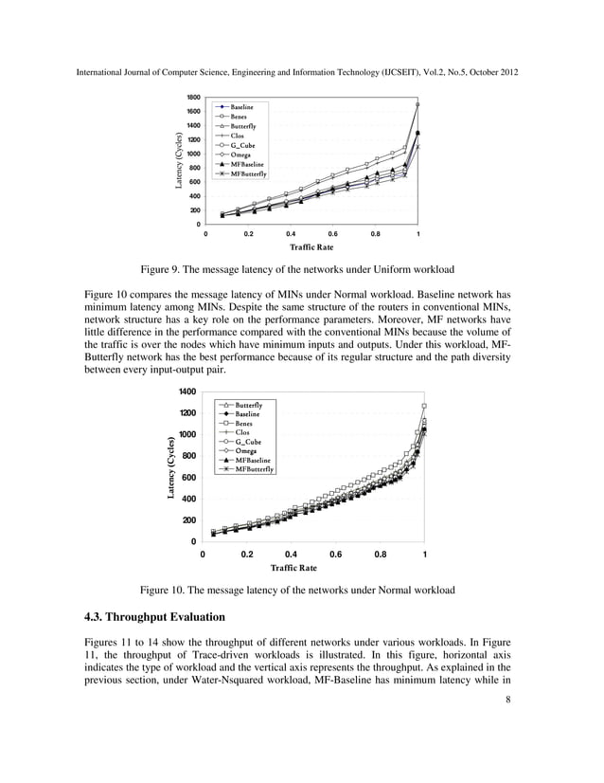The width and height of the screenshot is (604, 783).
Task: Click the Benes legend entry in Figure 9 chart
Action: pyautogui.click(x=240, y=117)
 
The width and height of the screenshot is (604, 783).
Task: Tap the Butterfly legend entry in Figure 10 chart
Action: pyautogui.click(x=248, y=405)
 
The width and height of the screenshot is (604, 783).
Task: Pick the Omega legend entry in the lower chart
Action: pyautogui.click(x=245, y=450)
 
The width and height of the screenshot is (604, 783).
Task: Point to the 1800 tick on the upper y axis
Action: pyautogui.click(x=192, y=98)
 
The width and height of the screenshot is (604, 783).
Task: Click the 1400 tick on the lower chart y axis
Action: pyautogui.click(x=186, y=391)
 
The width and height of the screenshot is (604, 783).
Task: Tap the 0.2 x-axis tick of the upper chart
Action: pyautogui.click(x=248, y=232)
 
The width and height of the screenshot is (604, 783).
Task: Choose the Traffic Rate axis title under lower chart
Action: pyautogui.click(x=293, y=568)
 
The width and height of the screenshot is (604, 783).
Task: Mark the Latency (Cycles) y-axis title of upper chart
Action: pyautogui.click(x=177, y=159)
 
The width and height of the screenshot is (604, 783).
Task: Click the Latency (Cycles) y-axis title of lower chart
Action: pyautogui.click(x=170, y=466)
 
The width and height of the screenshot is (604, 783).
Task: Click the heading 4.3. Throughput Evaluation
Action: pyautogui.click(x=159, y=617)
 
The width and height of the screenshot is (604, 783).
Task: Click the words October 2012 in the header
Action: pyautogui.click(x=493, y=73)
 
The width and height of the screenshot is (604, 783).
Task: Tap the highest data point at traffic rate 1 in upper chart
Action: pyautogui.click(x=417, y=104)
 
